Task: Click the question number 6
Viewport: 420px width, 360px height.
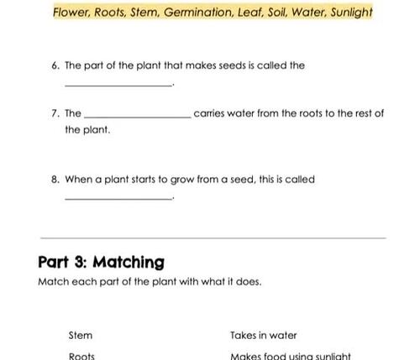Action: (x=55, y=65)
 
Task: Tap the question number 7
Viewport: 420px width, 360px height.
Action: (x=55, y=113)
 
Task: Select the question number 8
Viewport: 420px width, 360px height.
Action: (x=55, y=179)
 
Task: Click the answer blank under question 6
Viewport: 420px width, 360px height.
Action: (x=118, y=84)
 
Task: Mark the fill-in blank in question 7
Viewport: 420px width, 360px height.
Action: (x=138, y=117)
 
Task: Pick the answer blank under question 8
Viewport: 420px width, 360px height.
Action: (x=118, y=198)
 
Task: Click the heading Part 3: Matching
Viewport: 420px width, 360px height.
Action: (x=102, y=262)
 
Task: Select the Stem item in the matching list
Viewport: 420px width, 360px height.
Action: (x=81, y=335)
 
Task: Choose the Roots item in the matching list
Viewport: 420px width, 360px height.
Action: (x=81, y=355)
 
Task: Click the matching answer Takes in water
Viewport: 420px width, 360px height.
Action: (x=264, y=335)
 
